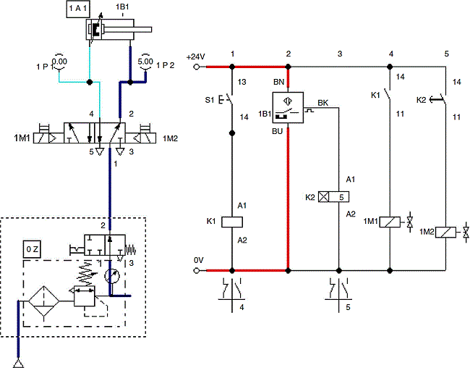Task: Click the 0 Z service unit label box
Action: tap(33, 250)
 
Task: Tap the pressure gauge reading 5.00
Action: tap(145, 61)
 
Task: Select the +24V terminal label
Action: tap(196, 56)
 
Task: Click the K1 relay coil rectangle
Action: tap(232, 222)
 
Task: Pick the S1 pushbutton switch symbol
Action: tap(228, 98)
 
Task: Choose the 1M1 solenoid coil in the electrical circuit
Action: tap(390, 222)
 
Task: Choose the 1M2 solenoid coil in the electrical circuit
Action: tap(447, 233)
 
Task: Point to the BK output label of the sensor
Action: tap(322, 104)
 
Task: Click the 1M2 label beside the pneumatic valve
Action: tap(171, 138)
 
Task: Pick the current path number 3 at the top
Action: tap(339, 54)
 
